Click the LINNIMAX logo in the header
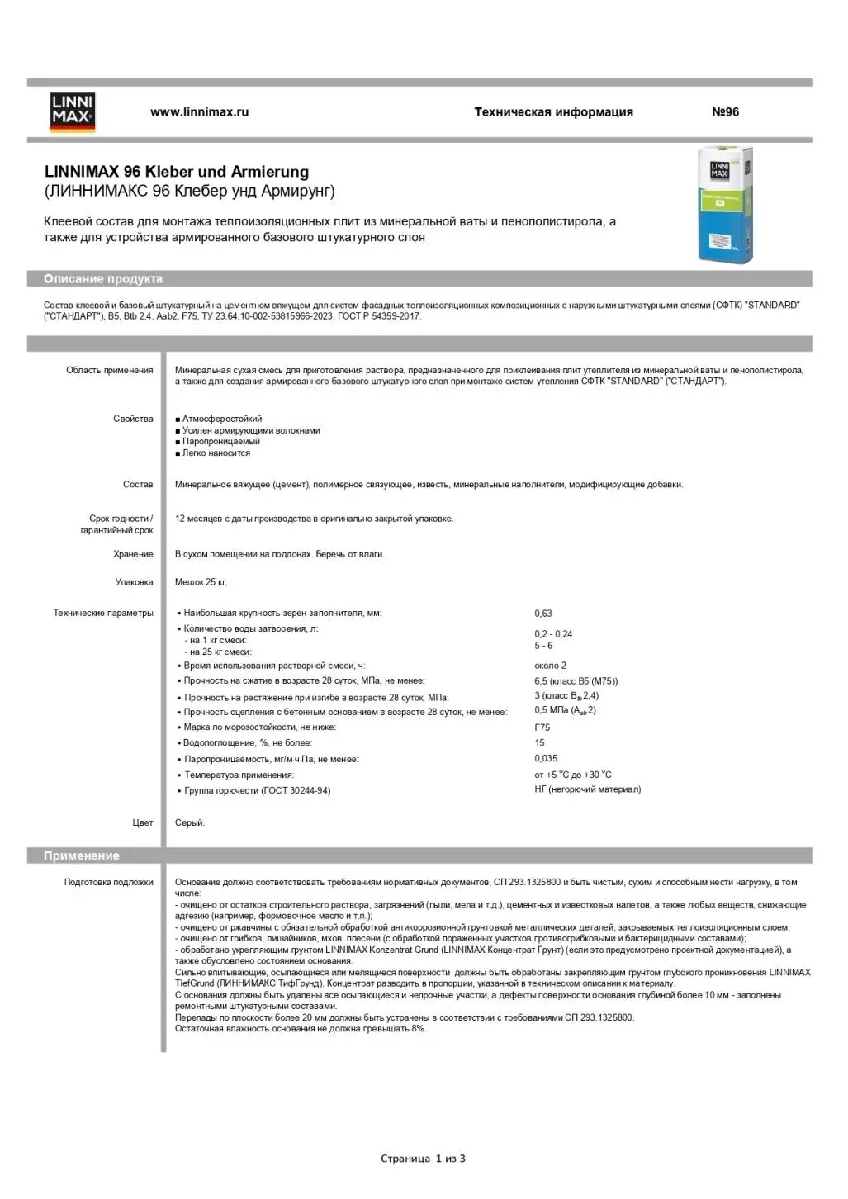73,112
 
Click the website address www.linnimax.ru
199,112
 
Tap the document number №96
725,112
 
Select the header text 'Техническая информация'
553,112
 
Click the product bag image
725,205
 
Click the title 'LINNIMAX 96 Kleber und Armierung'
177,172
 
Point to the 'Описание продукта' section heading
103,279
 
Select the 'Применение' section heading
82,855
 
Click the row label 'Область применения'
110,370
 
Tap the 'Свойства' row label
133,419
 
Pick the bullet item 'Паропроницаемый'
220,441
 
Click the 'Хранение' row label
133,554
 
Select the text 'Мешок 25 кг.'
201,582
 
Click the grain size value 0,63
543,614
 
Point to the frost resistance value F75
542,727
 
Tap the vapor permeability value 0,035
546,758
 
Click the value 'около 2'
550,666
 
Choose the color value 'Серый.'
190,822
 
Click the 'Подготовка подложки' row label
109,882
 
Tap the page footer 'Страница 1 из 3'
423,1159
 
